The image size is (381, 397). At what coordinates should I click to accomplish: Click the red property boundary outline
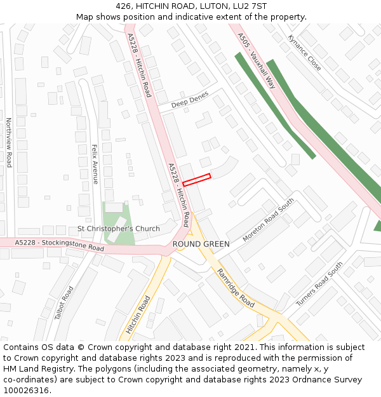(x=196, y=180)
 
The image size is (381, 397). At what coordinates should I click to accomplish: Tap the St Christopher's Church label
(x=119, y=229)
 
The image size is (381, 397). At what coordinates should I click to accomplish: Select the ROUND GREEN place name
(x=201, y=244)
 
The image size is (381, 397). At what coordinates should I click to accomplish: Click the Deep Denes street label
(x=189, y=100)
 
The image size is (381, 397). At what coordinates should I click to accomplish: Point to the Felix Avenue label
(x=95, y=164)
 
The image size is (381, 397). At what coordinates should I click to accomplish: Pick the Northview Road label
(x=9, y=142)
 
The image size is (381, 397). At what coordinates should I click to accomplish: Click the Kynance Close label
(x=304, y=52)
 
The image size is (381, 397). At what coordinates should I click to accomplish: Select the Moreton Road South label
(x=269, y=219)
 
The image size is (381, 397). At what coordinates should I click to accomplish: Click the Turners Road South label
(x=319, y=284)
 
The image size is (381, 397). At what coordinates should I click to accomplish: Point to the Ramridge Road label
(x=236, y=288)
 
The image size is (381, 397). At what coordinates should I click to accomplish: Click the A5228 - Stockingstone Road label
(x=59, y=245)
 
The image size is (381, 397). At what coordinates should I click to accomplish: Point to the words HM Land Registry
(x=34, y=368)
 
